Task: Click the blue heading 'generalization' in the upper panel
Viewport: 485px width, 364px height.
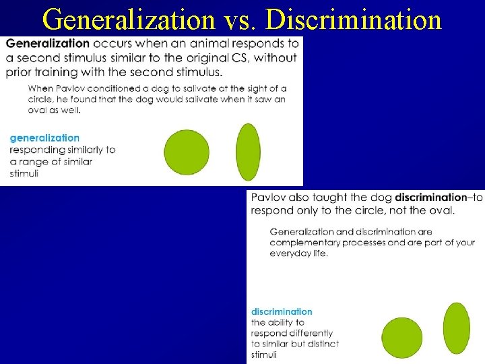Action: click(44, 138)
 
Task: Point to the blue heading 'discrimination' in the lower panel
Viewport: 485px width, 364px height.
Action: click(282, 311)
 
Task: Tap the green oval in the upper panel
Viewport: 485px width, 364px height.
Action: click(249, 152)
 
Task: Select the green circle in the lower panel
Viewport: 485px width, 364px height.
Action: click(402, 338)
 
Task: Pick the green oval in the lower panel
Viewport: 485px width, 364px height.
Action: click(457, 328)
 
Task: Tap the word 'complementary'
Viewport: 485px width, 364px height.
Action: click(304, 243)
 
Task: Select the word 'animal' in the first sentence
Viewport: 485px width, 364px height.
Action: click(219, 44)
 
